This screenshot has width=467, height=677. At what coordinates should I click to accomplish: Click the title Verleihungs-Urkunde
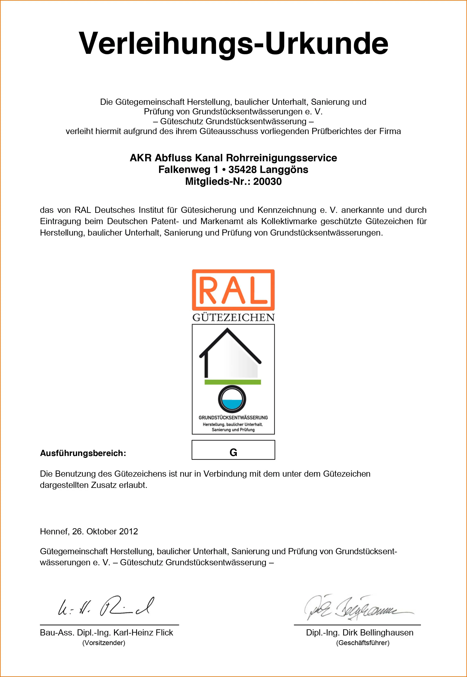click(233, 43)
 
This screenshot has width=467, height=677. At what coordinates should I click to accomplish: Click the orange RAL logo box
click(233, 290)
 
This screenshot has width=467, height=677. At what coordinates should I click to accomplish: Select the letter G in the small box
click(233, 452)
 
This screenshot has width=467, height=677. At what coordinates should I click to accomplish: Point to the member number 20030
click(267, 182)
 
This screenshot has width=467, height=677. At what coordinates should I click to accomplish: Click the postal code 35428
click(242, 170)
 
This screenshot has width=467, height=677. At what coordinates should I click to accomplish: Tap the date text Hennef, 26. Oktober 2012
click(89, 531)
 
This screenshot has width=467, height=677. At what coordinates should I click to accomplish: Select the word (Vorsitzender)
click(104, 643)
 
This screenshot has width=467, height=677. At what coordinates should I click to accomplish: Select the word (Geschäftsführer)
click(363, 643)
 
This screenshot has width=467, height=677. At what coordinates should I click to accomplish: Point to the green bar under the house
click(233, 382)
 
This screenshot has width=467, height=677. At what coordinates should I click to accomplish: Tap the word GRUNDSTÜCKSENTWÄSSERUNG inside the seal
click(233, 418)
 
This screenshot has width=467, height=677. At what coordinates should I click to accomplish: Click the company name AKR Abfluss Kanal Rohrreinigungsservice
click(233, 158)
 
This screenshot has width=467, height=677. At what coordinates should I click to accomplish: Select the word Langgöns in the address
click(284, 170)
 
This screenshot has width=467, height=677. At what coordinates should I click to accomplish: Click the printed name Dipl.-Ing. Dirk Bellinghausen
click(360, 633)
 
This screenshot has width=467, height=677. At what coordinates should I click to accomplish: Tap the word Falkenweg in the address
click(184, 170)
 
